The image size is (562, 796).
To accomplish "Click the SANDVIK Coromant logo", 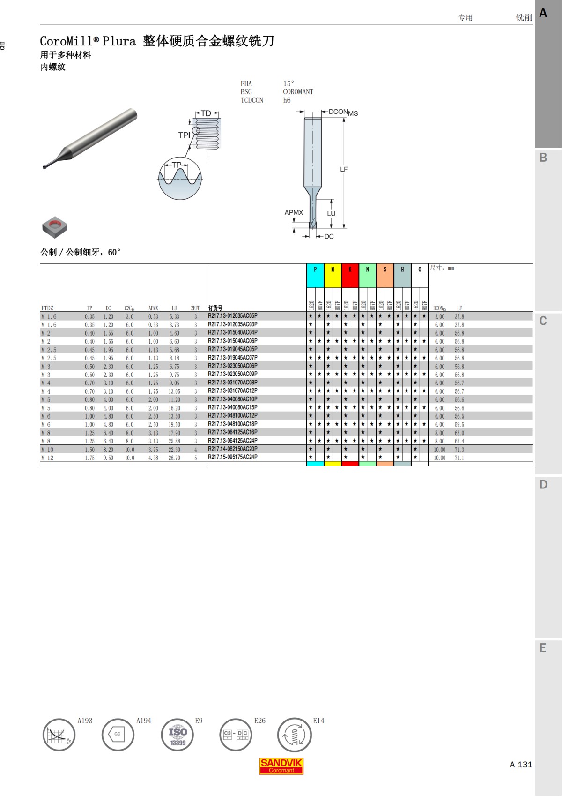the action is (281, 766).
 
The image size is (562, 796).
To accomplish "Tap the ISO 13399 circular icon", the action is (177, 735).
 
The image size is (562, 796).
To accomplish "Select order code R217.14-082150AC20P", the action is (233, 449).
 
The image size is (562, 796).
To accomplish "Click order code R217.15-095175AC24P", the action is (233, 457).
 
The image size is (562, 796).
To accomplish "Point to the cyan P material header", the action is (315, 275).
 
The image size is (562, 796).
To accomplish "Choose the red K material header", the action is (350, 275).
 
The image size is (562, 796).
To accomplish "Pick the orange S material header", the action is (385, 275).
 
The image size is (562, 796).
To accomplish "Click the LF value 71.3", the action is (459, 450).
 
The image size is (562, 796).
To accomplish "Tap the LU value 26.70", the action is (174, 458).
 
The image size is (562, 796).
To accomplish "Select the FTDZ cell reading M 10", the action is (47, 450).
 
